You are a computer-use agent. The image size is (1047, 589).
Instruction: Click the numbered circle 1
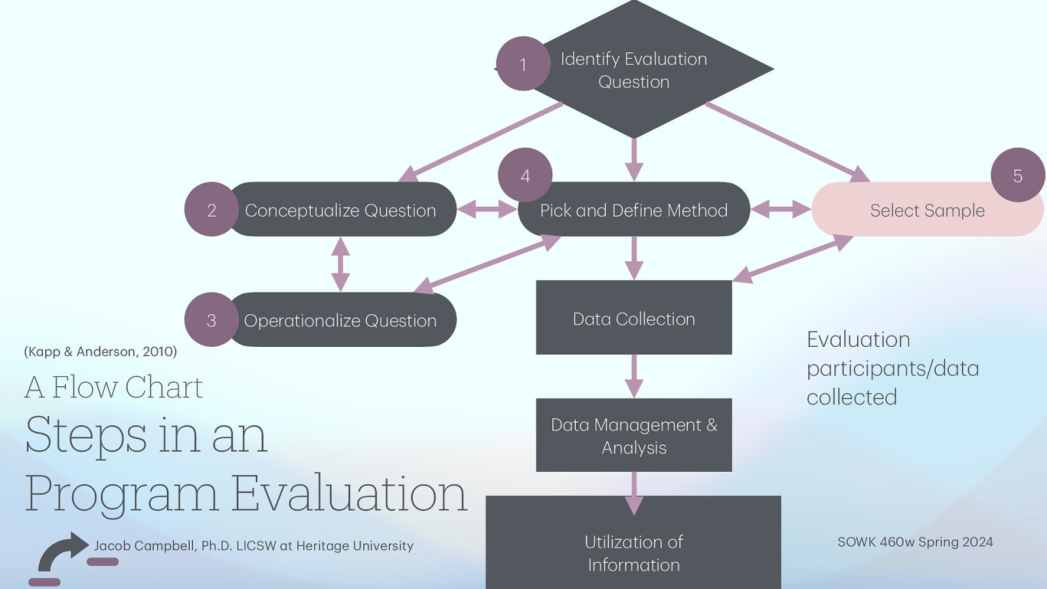coord(523,64)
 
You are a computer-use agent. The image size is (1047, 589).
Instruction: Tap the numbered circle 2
coord(211,210)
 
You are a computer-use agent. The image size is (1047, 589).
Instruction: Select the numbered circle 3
coord(211,320)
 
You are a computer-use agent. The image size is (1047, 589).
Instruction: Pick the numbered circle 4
coord(525,175)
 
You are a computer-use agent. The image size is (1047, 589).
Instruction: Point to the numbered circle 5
coord(1018,175)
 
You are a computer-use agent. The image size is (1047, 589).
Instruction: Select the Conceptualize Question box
coord(340,210)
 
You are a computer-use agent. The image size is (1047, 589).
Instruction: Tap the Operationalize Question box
coord(340,320)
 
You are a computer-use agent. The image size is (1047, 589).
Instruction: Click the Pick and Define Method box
coord(633,210)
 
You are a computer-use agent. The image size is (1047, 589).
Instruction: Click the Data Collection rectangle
coord(633,318)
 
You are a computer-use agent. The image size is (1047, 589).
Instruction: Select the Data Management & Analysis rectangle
coord(633,435)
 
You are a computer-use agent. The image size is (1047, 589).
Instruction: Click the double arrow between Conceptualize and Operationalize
coord(340,264)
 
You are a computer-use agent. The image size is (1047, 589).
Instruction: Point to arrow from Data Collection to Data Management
coord(633,376)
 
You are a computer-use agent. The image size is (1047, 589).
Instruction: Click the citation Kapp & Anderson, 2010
coord(100,351)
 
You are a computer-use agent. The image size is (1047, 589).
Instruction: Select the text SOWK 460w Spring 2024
coord(915,542)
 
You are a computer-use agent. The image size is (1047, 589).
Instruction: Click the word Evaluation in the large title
coord(349,493)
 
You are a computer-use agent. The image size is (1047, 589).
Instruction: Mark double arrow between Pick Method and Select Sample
coord(781,209)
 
